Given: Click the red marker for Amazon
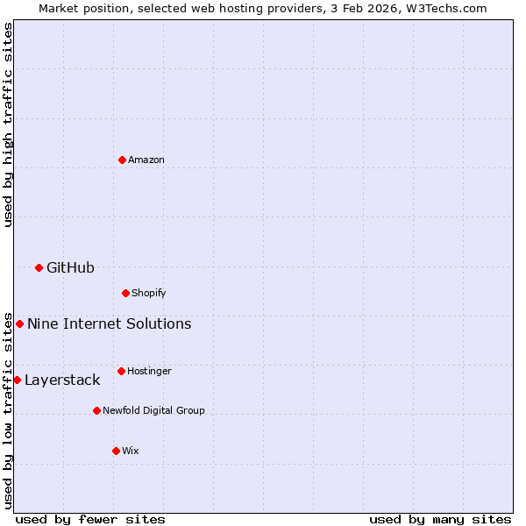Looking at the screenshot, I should pyautogui.click(x=122, y=160).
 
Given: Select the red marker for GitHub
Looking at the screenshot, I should pyautogui.click(x=39, y=267).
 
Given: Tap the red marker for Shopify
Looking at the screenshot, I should pyautogui.click(x=125, y=293).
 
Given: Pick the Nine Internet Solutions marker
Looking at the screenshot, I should pyautogui.click(x=19, y=323).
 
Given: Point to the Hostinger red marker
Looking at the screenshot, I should pyautogui.click(x=121, y=371).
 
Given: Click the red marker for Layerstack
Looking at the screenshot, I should pyautogui.click(x=17, y=380).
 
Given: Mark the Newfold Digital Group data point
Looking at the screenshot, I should pyautogui.click(x=96, y=410).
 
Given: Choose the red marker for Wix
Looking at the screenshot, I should pyautogui.click(x=116, y=451).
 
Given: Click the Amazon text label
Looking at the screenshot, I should pyautogui.click(x=146, y=160).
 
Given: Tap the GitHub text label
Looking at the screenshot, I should pyautogui.click(x=70, y=267).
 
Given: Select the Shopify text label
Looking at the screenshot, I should pyautogui.click(x=149, y=293).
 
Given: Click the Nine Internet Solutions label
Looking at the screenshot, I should pyautogui.click(x=109, y=323).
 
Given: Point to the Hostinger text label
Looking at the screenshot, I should pyautogui.click(x=149, y=371).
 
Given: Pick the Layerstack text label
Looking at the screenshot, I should pyautogui.click(x=62, y=380).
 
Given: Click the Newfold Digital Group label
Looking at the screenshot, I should pyautogui.click(x=153, y=410).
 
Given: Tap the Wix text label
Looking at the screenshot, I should pyautogui.click(x=131, y=451).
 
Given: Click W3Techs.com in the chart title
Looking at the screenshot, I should pyautogui.click(x=445, y=8).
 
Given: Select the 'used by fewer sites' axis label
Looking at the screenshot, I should pyautogui.click(x=90, y=519).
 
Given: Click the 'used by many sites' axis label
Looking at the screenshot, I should pyautogui.click(x=440, y=519).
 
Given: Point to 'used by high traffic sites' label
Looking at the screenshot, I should pyautogui.click(x=8, y=125).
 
